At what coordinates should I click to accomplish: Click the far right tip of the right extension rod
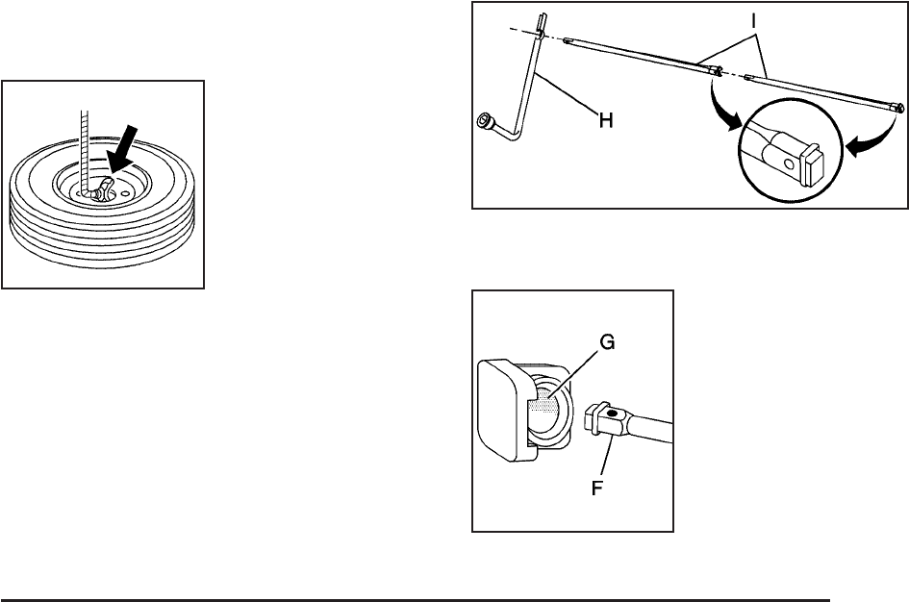point(899,109)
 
